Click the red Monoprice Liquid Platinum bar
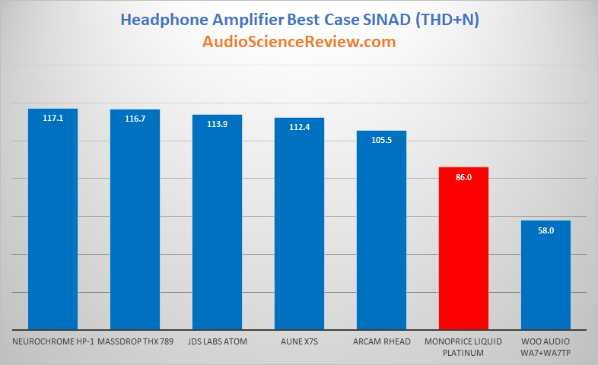coord(463,248)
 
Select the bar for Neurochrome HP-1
coord(52,219)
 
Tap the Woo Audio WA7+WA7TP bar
coord(546,275)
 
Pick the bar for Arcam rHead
coord(381,230)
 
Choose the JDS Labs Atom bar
coord(217,222)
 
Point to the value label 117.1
coord(52,118)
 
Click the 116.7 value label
coord(135,119)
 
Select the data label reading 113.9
coord(217,124)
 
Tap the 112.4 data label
coord(300,127)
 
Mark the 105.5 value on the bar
coord(381,140)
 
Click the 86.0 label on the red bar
coord(463,177)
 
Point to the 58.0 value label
coord(546,230)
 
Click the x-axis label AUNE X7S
coord(300,341)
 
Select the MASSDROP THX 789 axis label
coord(135,341)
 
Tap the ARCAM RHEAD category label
coord(382,341)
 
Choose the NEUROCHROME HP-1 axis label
coord(53,341)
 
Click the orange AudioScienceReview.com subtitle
coord(299,42)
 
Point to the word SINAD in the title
coord(386,20)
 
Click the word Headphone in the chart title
coord(164,21)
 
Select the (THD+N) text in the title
coord(447,20)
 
